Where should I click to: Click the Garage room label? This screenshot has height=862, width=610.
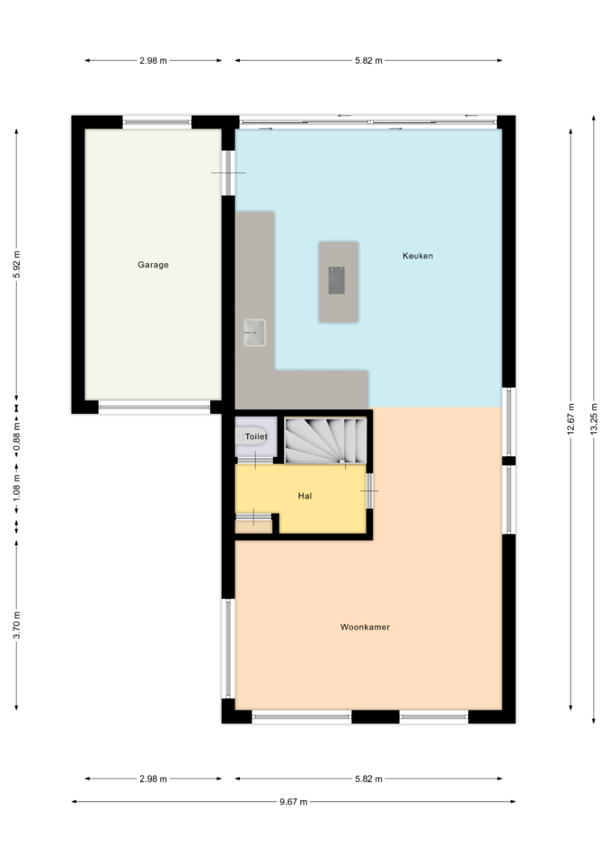coord(153,265)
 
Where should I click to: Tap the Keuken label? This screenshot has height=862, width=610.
coord(418,256)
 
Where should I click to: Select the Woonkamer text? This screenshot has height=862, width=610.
coord(365,627)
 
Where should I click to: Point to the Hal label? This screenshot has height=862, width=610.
coord(305,496)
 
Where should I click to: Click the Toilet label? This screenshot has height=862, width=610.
coord(256,436)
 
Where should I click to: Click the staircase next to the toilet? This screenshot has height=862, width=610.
coord(325,440)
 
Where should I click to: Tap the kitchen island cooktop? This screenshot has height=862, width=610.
coord(336,280)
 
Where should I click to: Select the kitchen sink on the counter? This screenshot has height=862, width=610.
coord(254,332)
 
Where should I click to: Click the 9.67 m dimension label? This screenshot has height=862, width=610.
coord(293,802)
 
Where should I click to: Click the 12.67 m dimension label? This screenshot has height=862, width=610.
coord(571,419)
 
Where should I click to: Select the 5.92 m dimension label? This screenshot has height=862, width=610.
coord(16,264)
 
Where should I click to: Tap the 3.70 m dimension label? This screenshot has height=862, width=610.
coord(16,625)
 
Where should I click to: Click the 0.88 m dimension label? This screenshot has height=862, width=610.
coord(16,437)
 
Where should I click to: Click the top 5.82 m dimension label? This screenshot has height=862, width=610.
coord(368,60)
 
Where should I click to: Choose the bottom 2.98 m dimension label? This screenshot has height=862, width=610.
coord(153,778)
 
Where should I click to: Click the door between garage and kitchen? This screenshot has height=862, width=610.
coord(228,172)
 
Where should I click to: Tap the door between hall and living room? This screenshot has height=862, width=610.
coord(369,490)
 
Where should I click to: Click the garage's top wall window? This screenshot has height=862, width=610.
coord(156,122)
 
